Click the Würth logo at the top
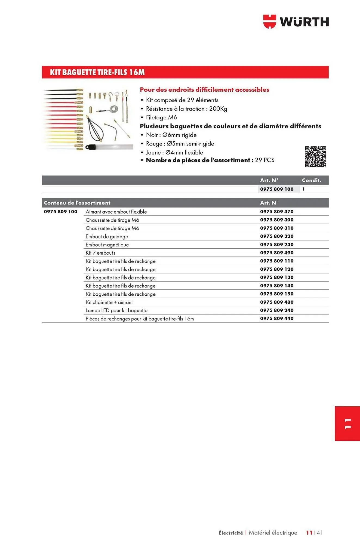296,22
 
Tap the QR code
315,157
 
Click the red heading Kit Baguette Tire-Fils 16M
97,72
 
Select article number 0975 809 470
277,212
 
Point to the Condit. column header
311,180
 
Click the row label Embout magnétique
107,245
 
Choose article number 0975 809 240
277,310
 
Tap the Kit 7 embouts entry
100,253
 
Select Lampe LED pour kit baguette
116,311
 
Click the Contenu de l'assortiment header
77,203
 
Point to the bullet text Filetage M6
161,118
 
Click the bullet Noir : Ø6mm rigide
171,135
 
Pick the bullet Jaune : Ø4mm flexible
174,153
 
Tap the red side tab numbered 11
347,424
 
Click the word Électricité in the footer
231,533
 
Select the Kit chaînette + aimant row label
109,302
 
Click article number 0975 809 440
277,319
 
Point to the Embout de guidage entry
107,237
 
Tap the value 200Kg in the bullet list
218,109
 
